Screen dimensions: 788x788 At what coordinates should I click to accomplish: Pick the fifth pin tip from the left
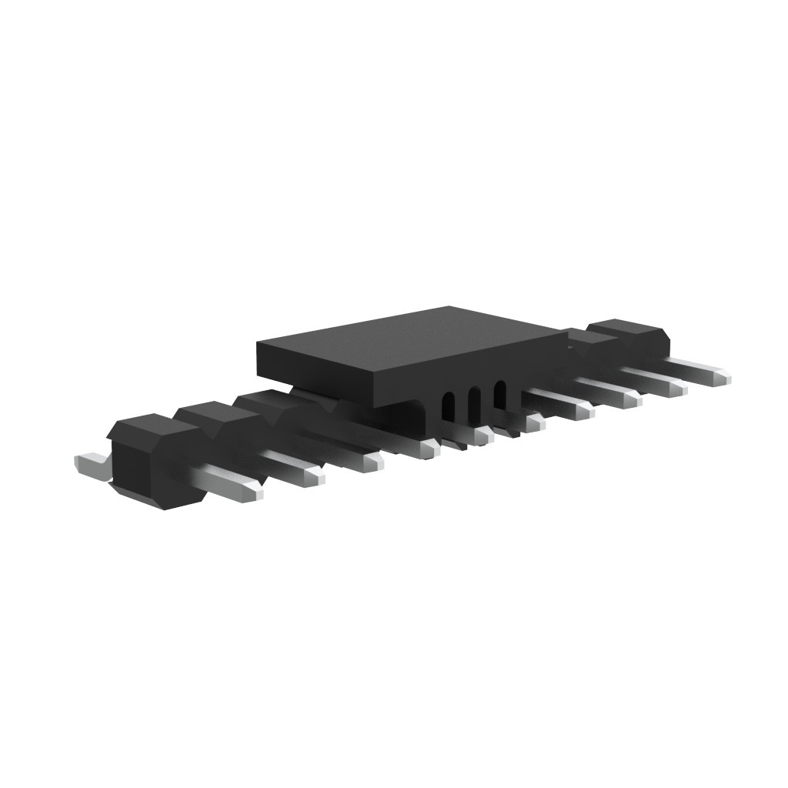pos(482,437)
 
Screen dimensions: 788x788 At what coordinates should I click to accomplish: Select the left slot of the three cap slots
pos(448,406)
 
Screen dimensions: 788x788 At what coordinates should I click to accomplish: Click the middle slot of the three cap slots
pos(474,400)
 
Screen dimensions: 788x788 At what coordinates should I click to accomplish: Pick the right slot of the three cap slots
pos(499,394)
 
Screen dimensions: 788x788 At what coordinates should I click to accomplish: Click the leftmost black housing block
pos(154,462)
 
